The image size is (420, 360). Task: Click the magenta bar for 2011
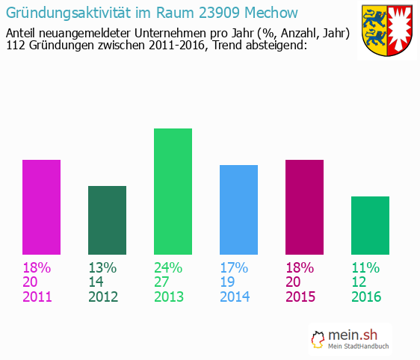(41, 207)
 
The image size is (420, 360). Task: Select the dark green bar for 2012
(107, 220)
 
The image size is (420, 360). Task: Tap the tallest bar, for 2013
(173, 191)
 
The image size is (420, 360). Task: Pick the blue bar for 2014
(238, 210)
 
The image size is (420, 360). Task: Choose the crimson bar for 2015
(304, 207)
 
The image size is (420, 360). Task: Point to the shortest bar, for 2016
(370, 226)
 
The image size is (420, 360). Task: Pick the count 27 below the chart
(162, 282)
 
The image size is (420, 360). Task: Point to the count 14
(96, 282)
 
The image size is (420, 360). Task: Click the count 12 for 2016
(359, 282)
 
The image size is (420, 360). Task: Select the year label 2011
(37, 297)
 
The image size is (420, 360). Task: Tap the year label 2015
(300, 297)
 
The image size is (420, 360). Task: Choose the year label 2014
(235, 297)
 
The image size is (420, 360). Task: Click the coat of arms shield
(388, 31)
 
